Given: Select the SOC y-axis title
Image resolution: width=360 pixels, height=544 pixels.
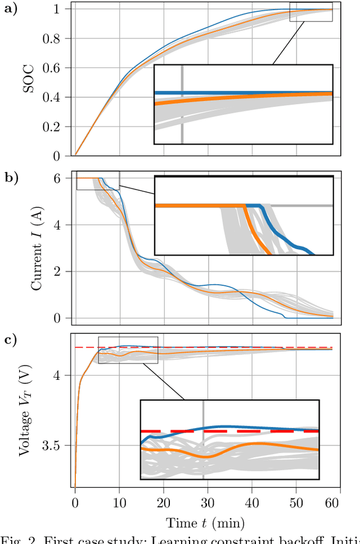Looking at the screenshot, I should [35, 82].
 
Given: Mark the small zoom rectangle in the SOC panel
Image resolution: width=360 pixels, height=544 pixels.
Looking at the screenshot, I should [310, 12].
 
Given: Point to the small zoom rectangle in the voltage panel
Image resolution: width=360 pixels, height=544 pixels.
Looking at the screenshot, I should [128, 350].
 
